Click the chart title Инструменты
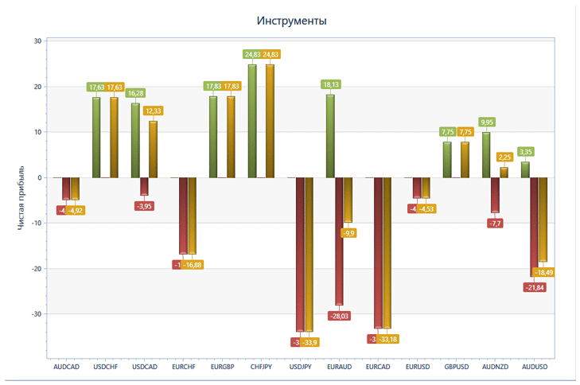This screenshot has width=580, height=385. point(291,21)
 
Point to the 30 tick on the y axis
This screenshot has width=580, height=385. point(37,41)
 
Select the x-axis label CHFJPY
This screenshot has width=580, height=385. point(262,367)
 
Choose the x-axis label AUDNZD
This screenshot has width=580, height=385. point(495,367)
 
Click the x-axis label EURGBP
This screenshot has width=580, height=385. point(223,367)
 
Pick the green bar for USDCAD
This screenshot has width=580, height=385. point(135,140)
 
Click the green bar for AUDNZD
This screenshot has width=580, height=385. point(486,154)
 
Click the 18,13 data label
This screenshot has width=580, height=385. point(330,84)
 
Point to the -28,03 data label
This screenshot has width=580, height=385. point(339,316)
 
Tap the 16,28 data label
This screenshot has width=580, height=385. point(135,93)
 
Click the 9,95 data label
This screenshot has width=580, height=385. point(486,122)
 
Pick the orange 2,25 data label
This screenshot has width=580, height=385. point(504,157)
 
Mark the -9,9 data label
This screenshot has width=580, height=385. point(348,233)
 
